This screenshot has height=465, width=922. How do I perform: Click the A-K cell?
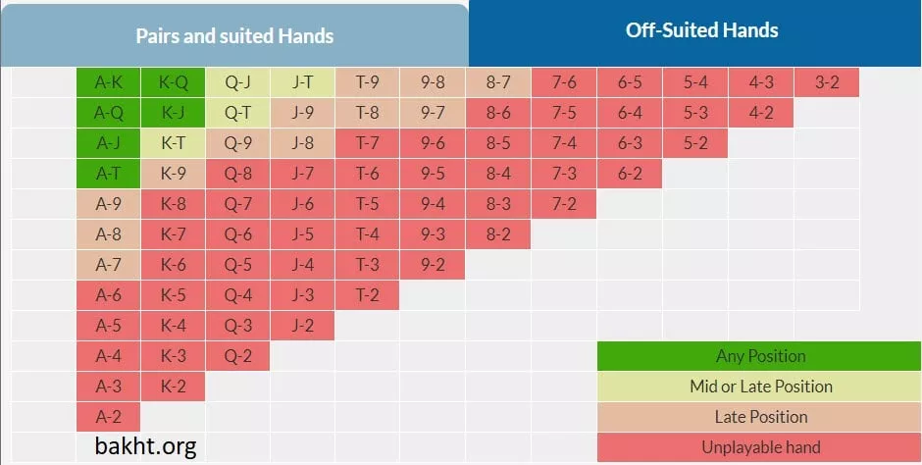click(108, 82)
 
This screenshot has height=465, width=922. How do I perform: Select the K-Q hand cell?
click(173, 82)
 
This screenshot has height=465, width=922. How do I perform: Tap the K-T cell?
click(173, 143)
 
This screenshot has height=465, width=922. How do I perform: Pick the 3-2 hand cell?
click(827, 82)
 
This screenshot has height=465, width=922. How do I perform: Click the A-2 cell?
click(108, 416)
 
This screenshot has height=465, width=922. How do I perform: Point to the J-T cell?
click(303, 82)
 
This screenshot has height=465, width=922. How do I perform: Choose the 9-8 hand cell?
click(433, 82)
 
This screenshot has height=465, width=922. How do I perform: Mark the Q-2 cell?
click(238, 356)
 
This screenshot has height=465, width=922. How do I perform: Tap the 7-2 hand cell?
click(564, 204)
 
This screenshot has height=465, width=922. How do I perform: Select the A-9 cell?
click(108, 204)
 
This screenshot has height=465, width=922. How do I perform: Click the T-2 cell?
click(368, 295)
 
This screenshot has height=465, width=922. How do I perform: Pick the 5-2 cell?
click(695, 143)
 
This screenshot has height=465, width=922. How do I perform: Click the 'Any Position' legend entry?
click(760, 356)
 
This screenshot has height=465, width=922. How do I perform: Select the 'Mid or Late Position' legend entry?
click(760, 387)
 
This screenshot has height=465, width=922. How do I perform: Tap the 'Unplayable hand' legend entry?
click(760, 447)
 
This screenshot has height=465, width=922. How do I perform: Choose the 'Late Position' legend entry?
click(760, 417)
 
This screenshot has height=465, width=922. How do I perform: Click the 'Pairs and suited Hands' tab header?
click(234, 36)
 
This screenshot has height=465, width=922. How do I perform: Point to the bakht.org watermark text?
click(145, 447)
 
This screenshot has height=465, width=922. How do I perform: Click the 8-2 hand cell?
click(498, 234)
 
